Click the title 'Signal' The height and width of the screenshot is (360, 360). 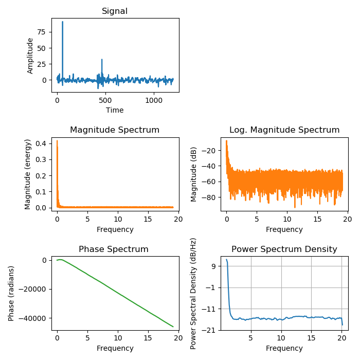[115, 11]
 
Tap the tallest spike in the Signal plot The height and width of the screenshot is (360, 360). [63, 22]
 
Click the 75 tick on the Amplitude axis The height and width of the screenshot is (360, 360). [42, 32]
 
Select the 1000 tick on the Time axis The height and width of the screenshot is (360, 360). [153, 100]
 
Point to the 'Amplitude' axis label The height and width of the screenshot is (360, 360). [30, 56]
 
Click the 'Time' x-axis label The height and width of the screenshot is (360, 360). [115, 110]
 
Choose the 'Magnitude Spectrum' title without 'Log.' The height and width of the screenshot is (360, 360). [115, 130]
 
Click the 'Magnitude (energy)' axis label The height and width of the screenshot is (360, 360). [28, 174]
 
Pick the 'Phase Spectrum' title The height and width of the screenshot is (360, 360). [114, 249]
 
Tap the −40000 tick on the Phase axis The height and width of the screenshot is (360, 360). [33, 318]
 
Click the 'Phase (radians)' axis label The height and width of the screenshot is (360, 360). [11, 293]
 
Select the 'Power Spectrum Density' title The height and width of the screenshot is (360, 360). [284, 249]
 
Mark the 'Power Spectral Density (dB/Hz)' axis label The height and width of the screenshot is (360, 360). [194, 293]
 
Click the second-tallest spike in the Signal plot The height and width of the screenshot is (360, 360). [102, 60]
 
